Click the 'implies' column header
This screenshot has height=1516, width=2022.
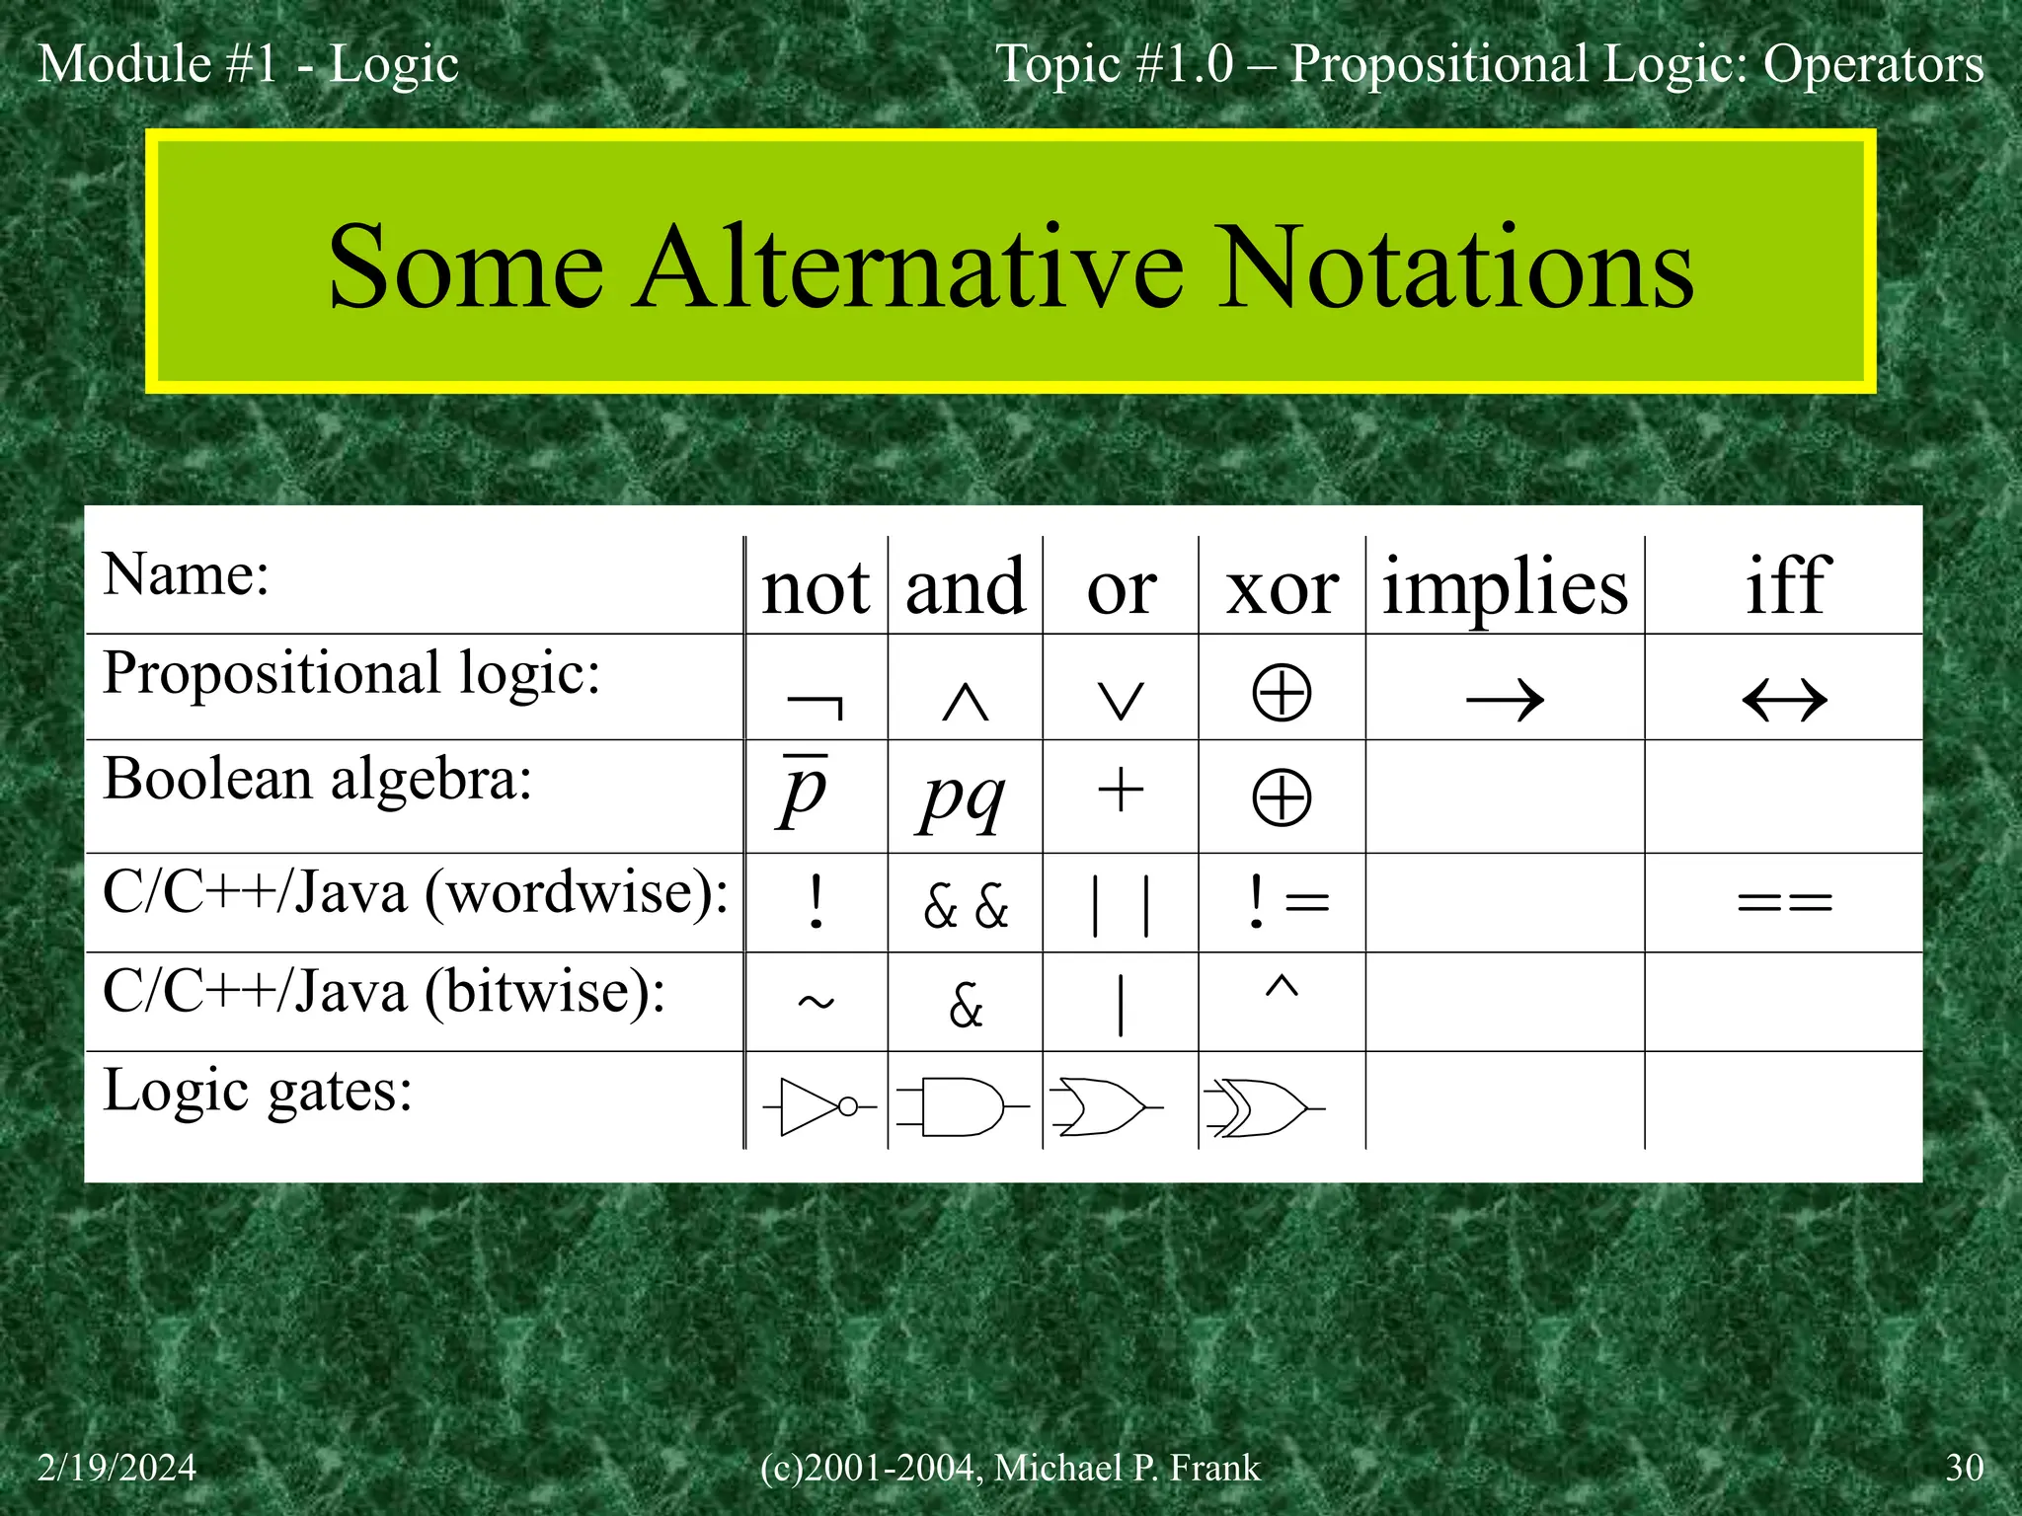tap(1505, 587)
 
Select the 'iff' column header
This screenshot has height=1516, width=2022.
tap(1787, 585)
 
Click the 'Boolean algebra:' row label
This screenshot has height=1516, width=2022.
tap(317, 780)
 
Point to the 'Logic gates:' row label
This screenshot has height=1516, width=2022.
tap(257, 1092)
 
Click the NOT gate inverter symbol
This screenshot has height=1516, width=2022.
tap(817, 1107)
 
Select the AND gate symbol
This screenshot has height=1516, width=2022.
tap(963, 1107)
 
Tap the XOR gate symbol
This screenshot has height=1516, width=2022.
tap(1263, 1107)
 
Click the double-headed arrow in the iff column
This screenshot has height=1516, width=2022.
tap(1784, 701)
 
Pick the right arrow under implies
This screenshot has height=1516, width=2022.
tap(1505, 701)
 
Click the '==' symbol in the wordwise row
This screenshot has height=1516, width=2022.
tap(1784, 902)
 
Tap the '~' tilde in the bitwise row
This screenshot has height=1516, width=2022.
tap(816, 1003)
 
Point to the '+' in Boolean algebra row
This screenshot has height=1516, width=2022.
tap(1121, 792)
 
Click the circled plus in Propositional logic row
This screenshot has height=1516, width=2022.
tap(1282, 693)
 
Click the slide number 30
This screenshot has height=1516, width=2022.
tap(1964, 1468)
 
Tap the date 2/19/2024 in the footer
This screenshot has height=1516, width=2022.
tap(117, 1468)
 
